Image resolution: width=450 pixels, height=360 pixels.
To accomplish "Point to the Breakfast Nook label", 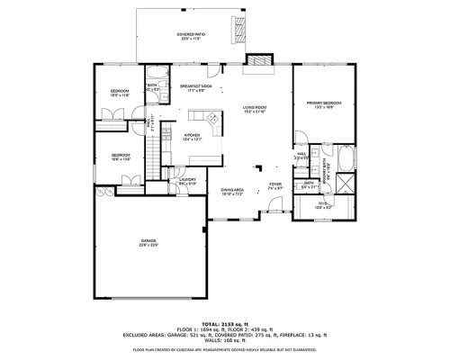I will click(x=193, y=87).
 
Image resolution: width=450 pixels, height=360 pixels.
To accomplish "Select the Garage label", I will click(x=148, y=243).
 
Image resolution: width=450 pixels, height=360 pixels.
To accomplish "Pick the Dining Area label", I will click(x=231, y=192).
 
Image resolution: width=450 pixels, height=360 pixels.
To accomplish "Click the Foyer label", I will click(x=275, y=187).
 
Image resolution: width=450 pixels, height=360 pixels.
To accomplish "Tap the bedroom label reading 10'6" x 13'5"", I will click(x=121, y=156).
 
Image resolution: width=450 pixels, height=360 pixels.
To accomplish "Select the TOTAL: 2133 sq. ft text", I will click(x=224, y=321).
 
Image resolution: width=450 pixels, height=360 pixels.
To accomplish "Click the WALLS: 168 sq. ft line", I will click(x=224, y=341).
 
